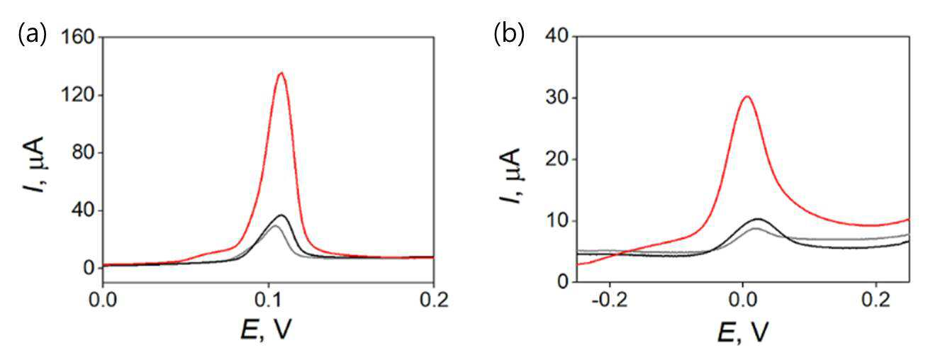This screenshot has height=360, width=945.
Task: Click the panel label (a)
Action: (32, 35)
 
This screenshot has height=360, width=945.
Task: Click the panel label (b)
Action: (509, 34)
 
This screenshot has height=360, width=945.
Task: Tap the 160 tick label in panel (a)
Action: (77, 38)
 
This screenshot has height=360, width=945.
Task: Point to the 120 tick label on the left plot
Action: (77, 95)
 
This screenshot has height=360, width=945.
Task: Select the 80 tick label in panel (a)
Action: (83, 152)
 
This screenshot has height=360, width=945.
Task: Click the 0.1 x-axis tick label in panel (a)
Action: (268, 301)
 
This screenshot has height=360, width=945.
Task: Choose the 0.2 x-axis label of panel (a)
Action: (434, 301)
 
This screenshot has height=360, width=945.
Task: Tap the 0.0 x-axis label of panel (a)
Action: (103, 301)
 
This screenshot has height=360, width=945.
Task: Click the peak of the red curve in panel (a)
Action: (281, 72)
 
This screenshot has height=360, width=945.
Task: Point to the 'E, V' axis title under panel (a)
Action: (267, 330)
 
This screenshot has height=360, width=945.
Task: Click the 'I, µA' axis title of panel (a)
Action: (34, 165)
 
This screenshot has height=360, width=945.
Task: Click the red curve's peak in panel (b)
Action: (747, 96)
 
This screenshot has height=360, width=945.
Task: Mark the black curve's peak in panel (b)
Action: (758, 219)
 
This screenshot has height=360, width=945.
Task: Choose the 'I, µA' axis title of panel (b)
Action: (512, 175)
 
